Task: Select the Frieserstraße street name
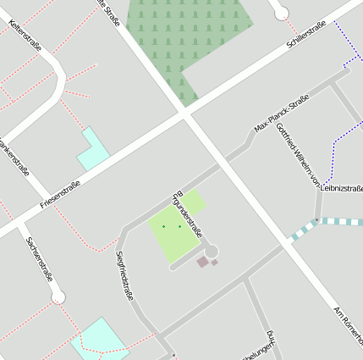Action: [60, 196]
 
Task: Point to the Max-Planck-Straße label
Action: [282, 115]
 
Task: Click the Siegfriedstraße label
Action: [124, 275]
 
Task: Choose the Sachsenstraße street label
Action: [40, 259]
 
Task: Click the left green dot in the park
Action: [163, 227]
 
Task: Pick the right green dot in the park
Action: [179, 226]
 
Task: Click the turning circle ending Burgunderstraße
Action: [210, 251]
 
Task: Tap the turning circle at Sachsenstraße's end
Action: [58, 297]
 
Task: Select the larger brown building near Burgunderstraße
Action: [202, 263]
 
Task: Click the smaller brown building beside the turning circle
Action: [215, 263]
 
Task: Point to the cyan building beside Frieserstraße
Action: [92, 150]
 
